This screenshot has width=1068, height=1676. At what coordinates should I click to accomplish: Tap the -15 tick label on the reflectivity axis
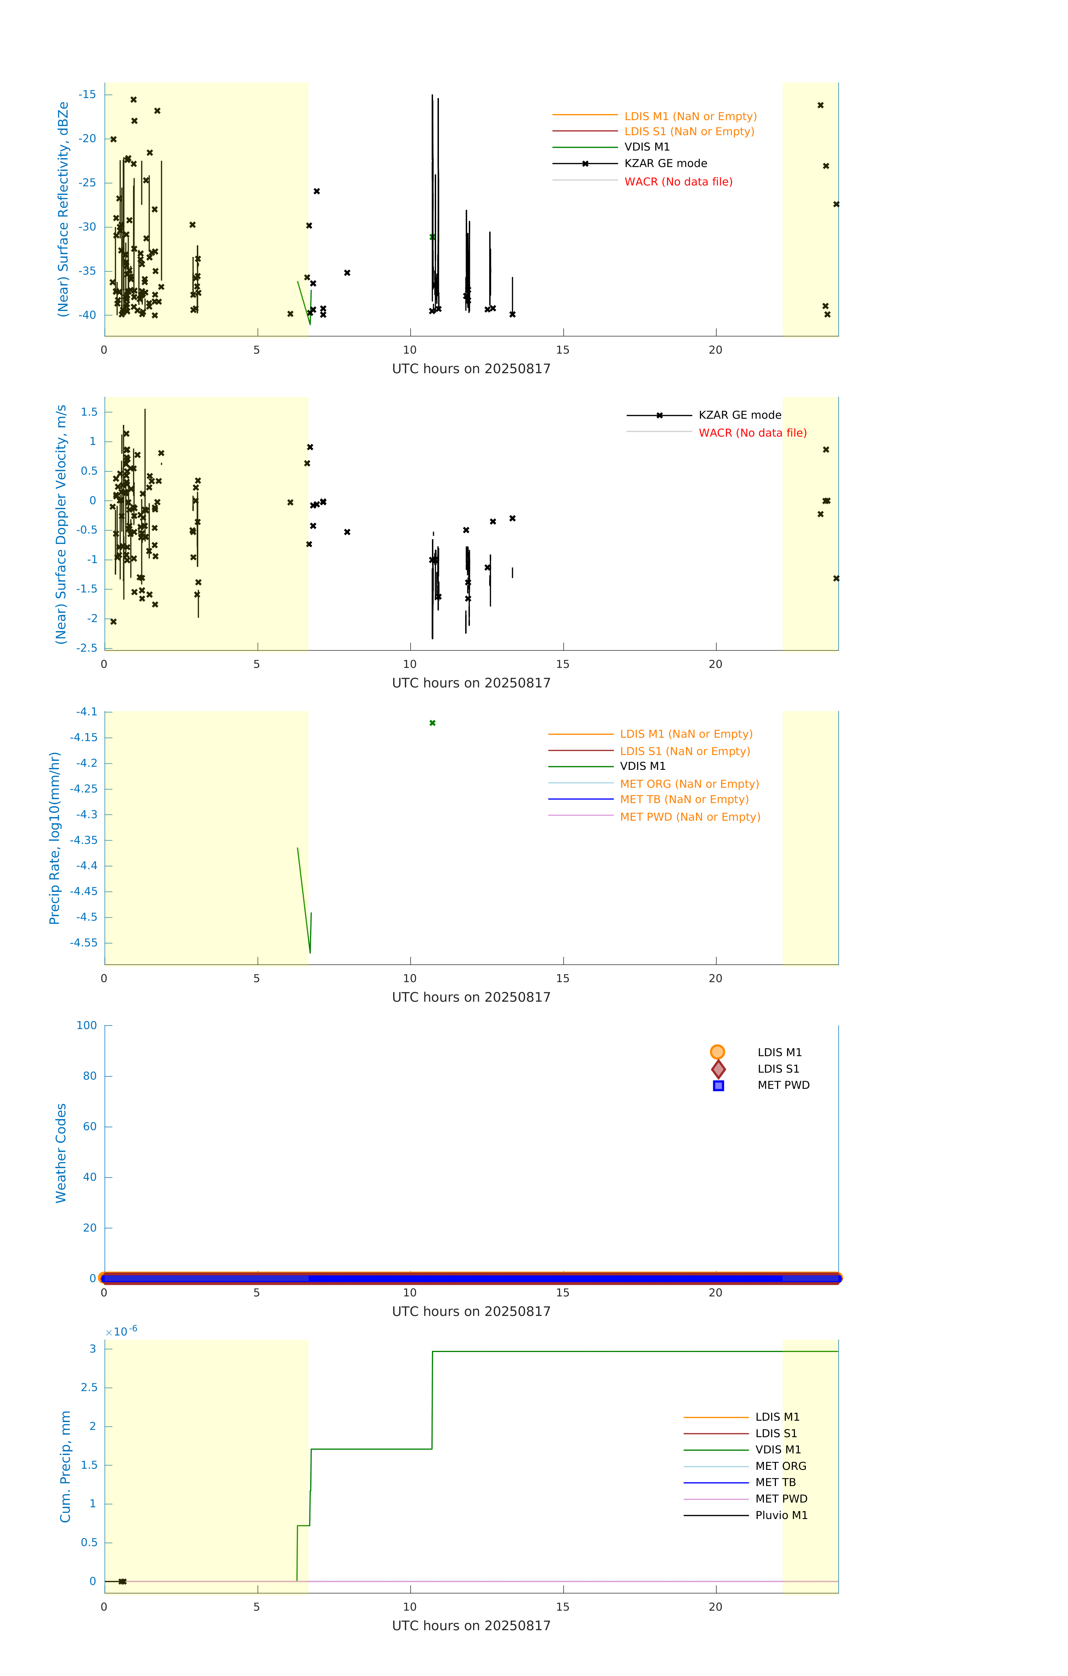pos(87,95)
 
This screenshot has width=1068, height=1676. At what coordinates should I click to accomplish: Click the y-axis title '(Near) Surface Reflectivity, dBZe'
pos(63,209)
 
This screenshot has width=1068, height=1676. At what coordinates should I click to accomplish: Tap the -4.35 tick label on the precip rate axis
pos(83,840)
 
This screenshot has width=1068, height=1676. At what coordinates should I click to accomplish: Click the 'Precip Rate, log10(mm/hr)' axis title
pos(54,838)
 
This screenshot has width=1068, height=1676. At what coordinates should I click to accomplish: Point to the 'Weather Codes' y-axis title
pos(61,1153)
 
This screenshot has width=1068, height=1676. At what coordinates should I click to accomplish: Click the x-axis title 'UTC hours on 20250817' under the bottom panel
pos(471,1625)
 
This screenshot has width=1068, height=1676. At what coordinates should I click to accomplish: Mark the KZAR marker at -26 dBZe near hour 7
pos(317,191)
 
